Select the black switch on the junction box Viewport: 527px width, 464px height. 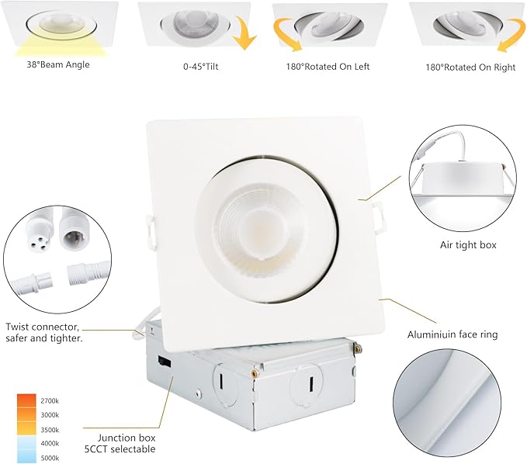[x=163, y=361]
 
